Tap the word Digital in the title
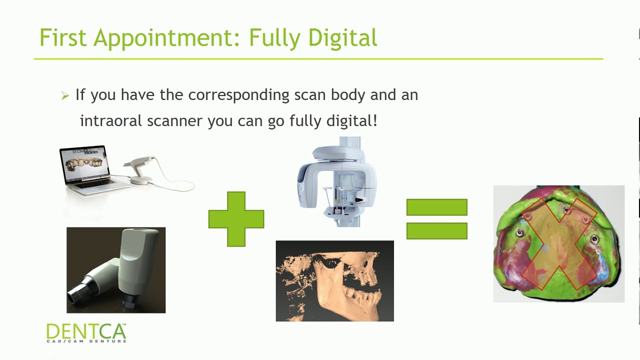click(x=342, y=38)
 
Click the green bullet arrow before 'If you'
click(x=64, y=95)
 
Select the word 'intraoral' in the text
click(x=111, y=120)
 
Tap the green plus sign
click(x=236, y=219)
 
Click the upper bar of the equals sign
click(x=436, y=207)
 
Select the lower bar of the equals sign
click(x=436, y=230)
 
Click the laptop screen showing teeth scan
click(x=84, y=163)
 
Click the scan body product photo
click(x=116, y=270)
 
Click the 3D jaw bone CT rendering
click(x=334, y=280)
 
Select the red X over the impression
click(x=558, y=244)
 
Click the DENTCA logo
click(x=86, y=331)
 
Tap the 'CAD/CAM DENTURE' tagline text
click(x=86, y=341)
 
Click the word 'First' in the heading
click(x=62, y=38)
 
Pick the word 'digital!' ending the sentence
click(x=352, y=120)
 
